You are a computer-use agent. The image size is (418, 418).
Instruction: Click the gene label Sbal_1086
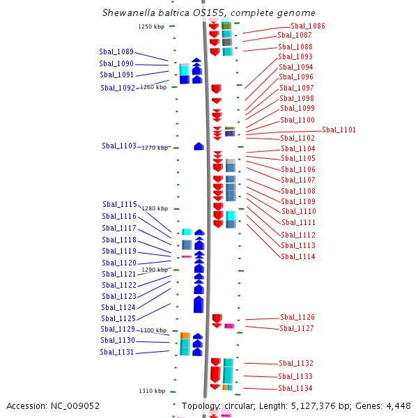[308, 26]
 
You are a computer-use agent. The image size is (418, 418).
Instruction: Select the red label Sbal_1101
[339, 130]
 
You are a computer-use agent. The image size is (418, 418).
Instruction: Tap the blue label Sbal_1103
[119, 146]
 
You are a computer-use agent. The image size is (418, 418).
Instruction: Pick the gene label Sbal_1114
[298, 256]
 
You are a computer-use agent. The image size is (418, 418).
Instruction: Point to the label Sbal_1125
[118, 318]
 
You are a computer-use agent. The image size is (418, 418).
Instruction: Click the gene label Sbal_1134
[295, 388]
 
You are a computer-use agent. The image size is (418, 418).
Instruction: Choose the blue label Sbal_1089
[116, 52]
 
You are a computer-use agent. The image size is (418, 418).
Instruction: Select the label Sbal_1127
[297, 328]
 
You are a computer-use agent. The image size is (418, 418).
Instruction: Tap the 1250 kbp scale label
[151, 26]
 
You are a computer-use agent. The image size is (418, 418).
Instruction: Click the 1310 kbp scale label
[152, 391]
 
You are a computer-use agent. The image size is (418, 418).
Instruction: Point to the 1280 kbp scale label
[155, 208]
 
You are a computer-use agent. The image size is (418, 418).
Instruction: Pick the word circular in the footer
[240, 406]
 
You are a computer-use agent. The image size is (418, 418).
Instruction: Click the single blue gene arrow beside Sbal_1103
[199, 146]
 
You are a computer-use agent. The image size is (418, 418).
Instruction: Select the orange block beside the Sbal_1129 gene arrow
[185, 336]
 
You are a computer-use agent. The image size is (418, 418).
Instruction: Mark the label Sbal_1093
[295, 56]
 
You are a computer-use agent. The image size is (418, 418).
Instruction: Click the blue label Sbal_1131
[117, 352]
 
